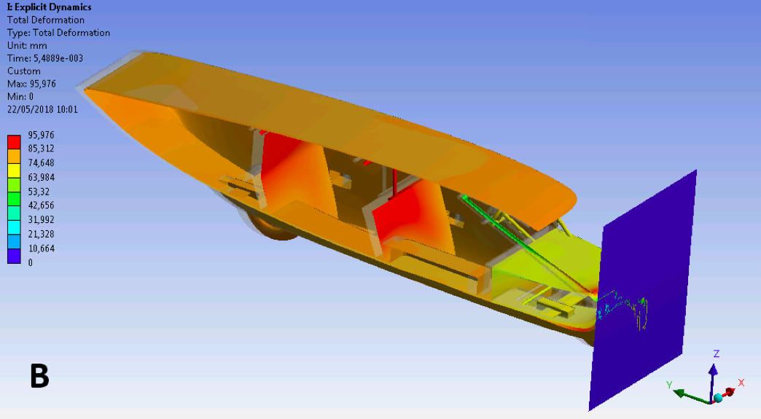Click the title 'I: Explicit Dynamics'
pos(49,7)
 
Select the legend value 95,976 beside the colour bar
pos(42,135)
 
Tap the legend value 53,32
pos(39,191)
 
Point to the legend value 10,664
pos(42,248)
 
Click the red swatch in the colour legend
pos(14,142)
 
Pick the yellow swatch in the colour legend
pos(14,171)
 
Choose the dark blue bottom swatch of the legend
pos(14,257)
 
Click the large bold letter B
pos(40,375)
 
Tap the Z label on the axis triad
pos(716,353)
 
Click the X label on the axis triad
pos(741,383)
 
